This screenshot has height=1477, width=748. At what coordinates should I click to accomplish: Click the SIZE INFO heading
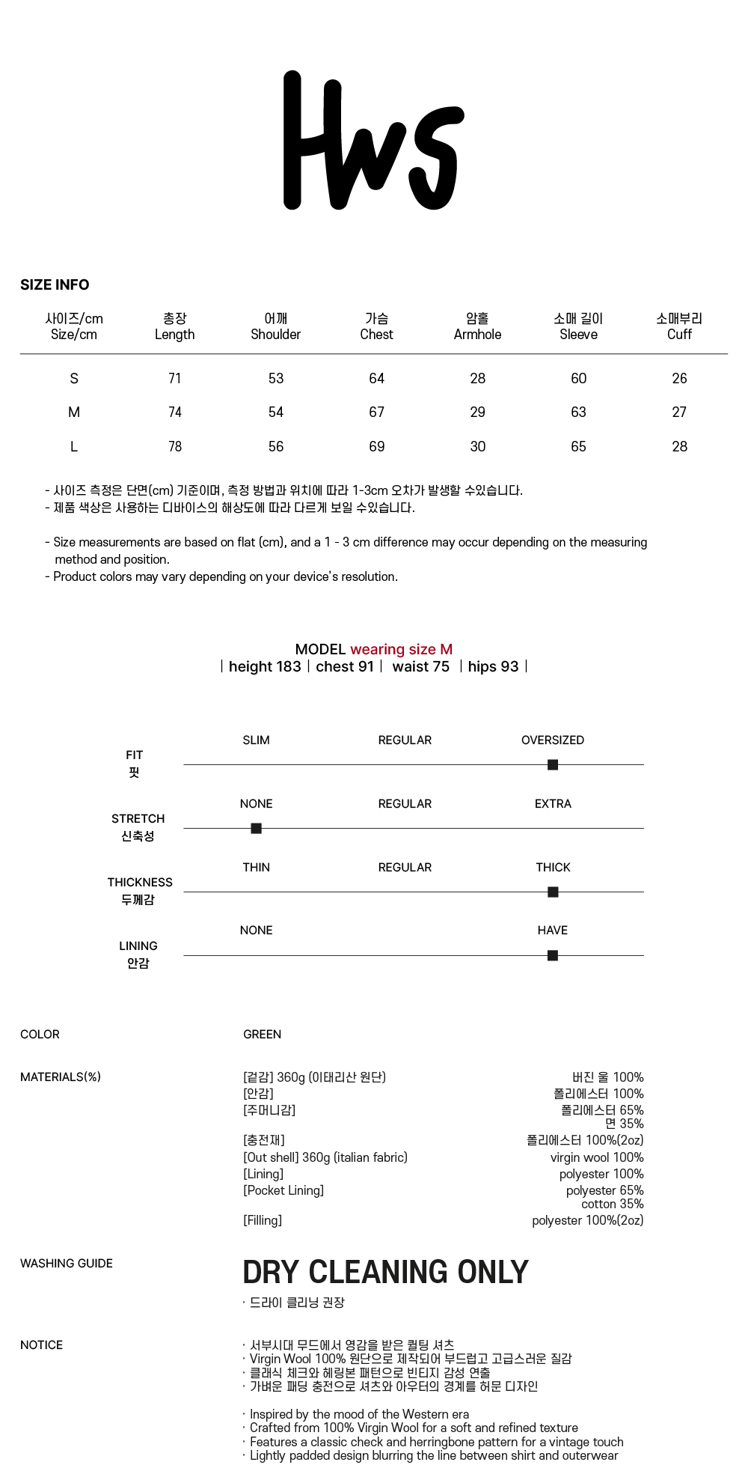click(x=55, y=285)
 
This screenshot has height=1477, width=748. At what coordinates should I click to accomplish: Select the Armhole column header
click(x=477, y=327)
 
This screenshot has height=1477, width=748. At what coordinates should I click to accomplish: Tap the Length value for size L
click(x=175, y=447)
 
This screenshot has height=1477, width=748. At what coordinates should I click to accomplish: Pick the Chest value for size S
click(x=376, y=379)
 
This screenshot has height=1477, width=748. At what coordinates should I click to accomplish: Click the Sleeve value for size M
click(x=578, y=412)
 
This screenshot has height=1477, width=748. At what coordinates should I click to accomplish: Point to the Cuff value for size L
click(x=679, y=447)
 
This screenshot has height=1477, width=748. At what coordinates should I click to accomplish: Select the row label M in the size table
click(x=74, y=412)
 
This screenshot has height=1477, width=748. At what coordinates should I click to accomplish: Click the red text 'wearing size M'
click(x=401, y=650)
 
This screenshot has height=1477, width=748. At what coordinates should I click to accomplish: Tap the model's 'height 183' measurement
click(x=265, y=667)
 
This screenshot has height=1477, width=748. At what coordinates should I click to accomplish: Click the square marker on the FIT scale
click(x=553, y=765)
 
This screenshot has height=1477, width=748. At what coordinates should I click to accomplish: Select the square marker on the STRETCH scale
click(x=256, y=829)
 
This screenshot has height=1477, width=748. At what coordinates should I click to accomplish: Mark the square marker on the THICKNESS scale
click(x=553, y=892)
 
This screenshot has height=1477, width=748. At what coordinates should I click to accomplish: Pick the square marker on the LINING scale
click(x=553, y=956)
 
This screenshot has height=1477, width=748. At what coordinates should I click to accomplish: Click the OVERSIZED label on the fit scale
click(x=553, y=740)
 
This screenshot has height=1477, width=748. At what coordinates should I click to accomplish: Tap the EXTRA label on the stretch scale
click(x=553, y=804)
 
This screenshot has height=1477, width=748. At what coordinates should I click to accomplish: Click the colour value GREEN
click(x=263, y=1035)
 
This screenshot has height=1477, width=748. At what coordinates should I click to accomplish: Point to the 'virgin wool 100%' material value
click(x=597, y=1158)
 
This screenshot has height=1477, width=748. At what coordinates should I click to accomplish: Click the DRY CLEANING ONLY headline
click(x=385, y=1273)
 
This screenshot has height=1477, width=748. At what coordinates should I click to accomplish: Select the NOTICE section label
click(x=42, y=1345)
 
